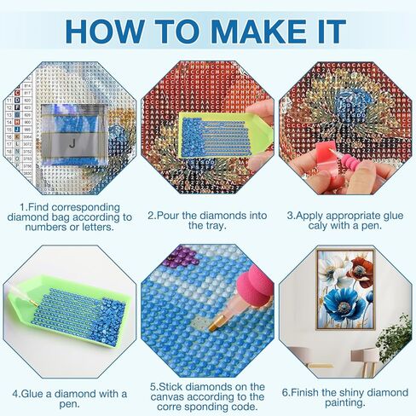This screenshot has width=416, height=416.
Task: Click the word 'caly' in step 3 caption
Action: (313, 228)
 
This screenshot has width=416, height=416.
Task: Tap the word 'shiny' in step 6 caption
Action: (355, 393)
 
